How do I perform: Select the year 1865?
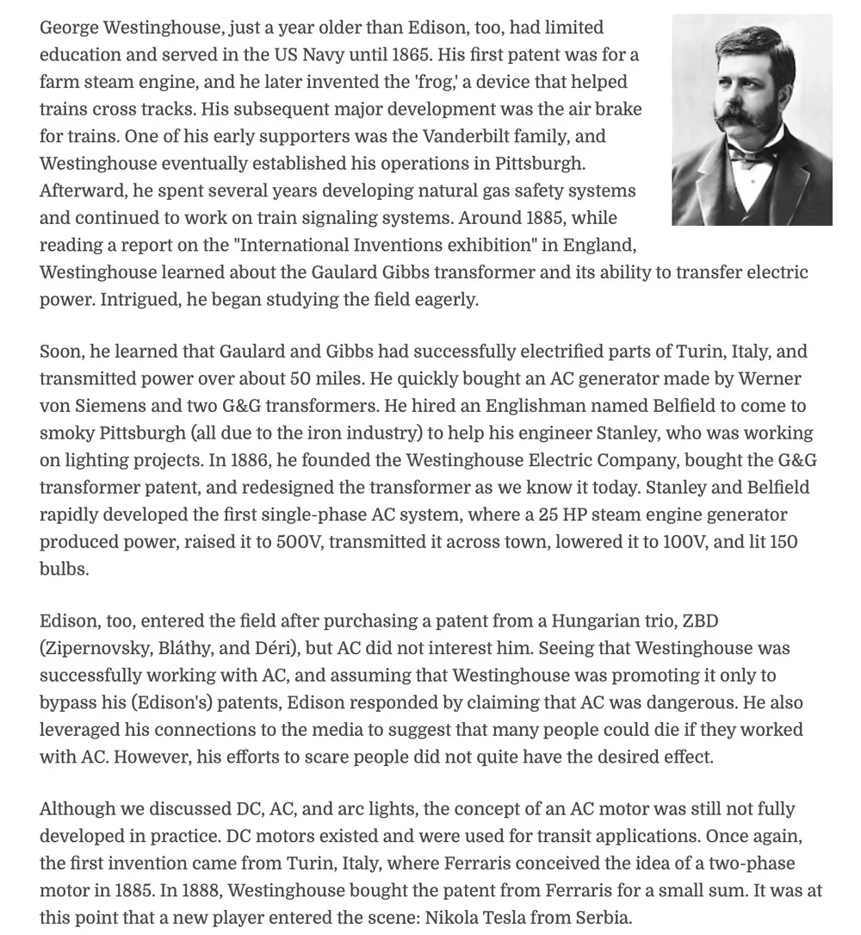point(406,55)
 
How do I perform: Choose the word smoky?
point(65,433)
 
